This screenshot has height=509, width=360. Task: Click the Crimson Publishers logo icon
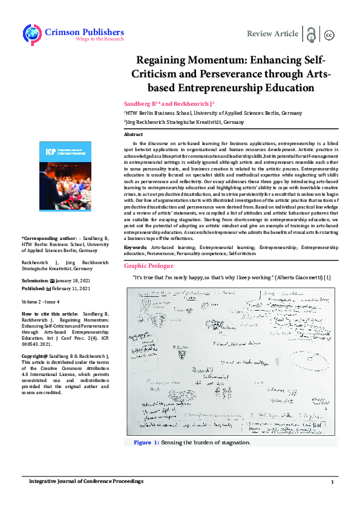click(x=33, y=34)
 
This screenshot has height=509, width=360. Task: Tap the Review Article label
click(x=273, y=34)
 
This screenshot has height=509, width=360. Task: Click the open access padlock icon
click(x=312, y=34)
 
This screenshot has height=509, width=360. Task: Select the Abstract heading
click(x=133, y=134)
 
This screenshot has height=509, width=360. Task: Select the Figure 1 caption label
click(x=146, y=443)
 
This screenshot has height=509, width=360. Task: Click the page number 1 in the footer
click(x=332, y=482)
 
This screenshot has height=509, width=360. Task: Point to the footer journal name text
click(x=87, y=481)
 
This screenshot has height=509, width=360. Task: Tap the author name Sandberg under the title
click(x=138, y=103)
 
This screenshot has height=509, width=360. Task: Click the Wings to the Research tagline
click(x=99, y=39)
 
